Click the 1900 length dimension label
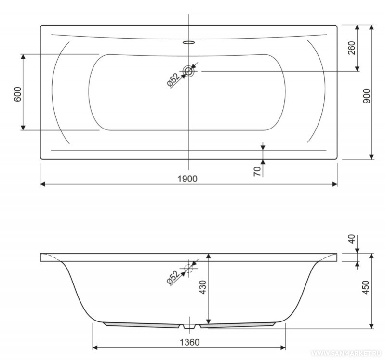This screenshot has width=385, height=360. (187, 179)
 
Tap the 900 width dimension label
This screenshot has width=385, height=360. (366, 96)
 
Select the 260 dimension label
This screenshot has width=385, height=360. (352, 48)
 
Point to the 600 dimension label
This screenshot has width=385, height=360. (18, 94)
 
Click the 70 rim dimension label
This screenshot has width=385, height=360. (257, 171)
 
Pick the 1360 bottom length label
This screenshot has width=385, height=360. (189, 342)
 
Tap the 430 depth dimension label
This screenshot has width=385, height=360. (203, 287)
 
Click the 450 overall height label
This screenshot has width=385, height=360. (366, 287)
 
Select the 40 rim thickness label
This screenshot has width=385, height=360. (352, 239)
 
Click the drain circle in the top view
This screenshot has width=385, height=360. (188, 71)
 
